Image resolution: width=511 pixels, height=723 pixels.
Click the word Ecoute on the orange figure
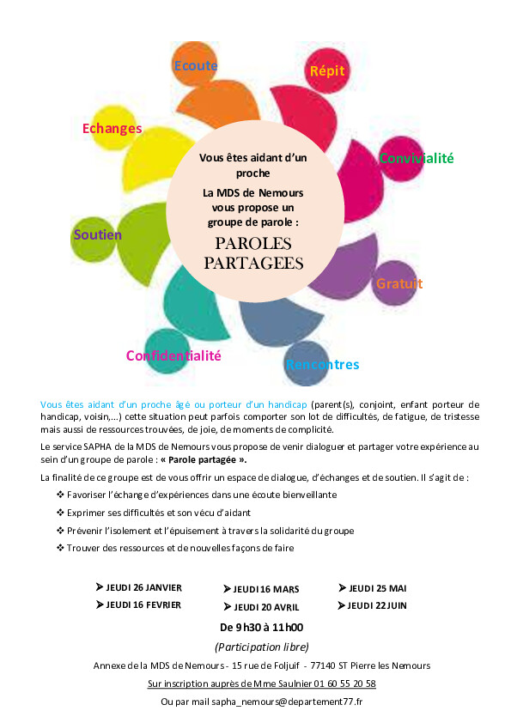coord(196,66)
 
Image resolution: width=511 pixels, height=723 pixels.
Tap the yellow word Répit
coord(327,71)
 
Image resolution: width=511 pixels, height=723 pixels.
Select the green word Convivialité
coord(417,158)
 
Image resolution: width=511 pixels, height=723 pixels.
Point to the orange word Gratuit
coord(399,283)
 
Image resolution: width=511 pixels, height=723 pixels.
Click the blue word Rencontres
coord(322,364)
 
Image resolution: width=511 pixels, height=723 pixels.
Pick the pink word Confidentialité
coord(173,355)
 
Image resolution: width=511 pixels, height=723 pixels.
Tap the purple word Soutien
coord(98,234)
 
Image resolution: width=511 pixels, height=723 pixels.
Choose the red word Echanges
coord(112,129)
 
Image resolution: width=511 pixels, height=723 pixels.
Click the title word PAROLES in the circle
coord(253,243)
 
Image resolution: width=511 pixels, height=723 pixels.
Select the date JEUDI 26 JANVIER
coord(144,588)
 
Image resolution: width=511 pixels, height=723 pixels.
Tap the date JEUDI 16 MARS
coord(266,589)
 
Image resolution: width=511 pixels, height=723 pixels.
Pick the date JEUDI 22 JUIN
coord(377,605)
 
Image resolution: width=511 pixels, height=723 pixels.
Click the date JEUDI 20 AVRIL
coord(266,607)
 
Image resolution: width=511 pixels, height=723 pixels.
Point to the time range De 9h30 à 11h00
coord(261,627)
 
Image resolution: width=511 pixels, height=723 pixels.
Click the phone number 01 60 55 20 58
coord(345,684)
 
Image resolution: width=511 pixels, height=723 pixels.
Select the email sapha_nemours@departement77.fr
coord(287,702)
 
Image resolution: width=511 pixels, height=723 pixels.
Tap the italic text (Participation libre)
coord(261,647)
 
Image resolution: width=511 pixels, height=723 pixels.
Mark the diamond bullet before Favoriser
coord(60,495)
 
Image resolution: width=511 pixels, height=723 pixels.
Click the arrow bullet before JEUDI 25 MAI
coord(342,588)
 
